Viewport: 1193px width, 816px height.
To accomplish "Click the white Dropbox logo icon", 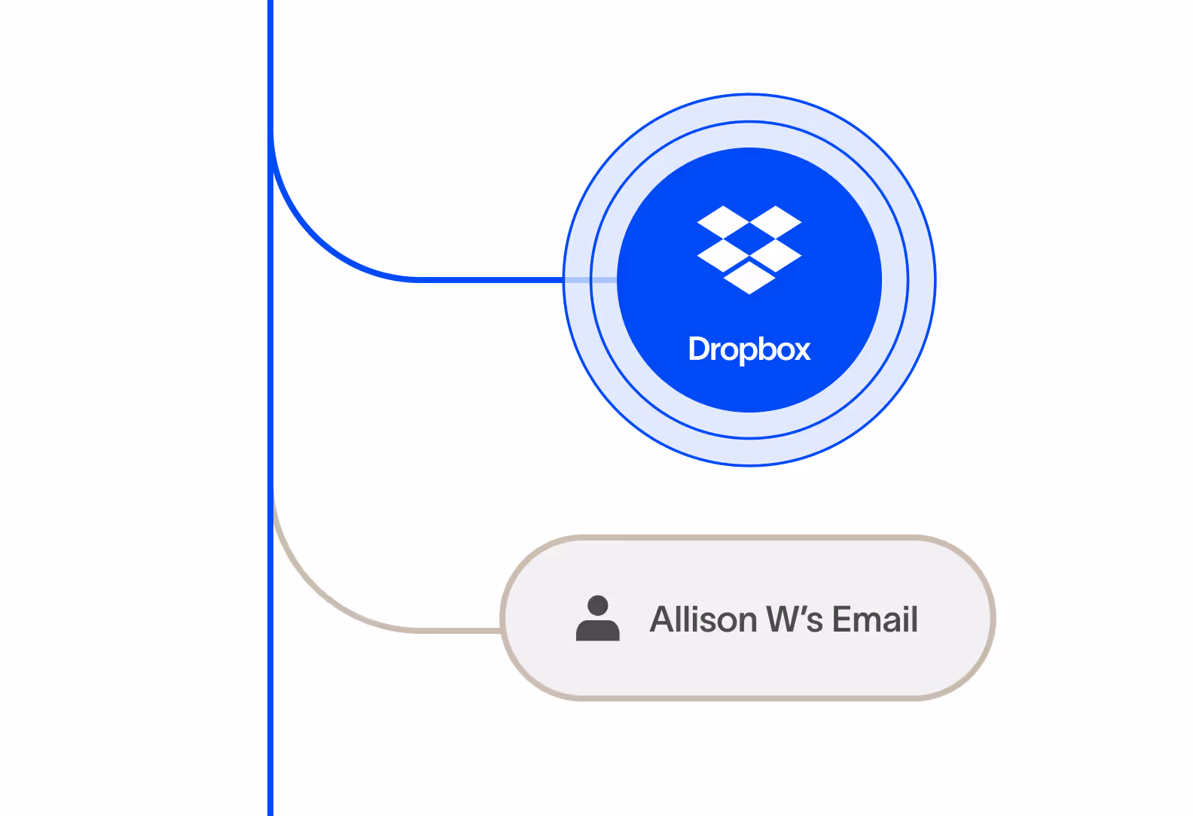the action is click(749, 249).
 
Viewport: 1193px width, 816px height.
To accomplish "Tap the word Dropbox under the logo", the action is click(749, 349).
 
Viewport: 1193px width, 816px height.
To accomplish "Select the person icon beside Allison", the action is click(597, 619).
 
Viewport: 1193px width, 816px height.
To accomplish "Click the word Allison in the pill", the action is click(703, 620).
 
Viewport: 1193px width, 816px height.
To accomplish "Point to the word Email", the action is click(874, 620).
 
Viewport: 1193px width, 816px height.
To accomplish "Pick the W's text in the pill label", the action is click(795, 620).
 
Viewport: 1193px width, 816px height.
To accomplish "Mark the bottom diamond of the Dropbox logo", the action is click(749, 278).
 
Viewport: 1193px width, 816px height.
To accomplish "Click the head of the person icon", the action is click(598, 605).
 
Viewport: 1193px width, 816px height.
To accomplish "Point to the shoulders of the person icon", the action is click(597, 631).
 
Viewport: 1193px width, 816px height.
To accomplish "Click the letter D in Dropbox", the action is click(698, 349).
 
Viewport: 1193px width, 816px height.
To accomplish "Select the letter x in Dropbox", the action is click(801, 350).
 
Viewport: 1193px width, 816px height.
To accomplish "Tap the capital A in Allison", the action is click(663, 620).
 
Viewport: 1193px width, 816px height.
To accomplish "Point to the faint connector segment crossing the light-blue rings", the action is click(590, 280).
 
